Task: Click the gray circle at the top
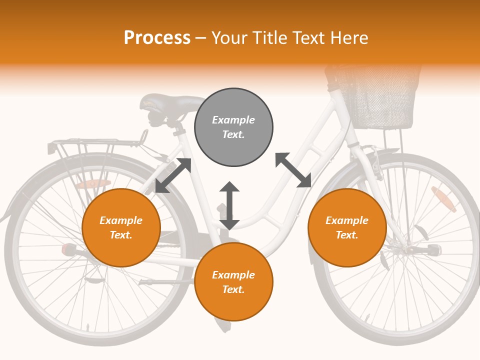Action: point(233,127)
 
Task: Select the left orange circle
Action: point(121,227)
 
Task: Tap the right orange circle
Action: point(347,227)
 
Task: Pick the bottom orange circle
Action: point(233,281)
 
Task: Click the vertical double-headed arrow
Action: point(229,205)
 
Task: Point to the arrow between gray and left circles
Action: point(173,175)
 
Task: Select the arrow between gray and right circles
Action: point(293,170)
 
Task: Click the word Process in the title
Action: point(157,38)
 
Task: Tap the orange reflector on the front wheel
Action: point(443,199)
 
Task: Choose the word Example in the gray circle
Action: point(233,120)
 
